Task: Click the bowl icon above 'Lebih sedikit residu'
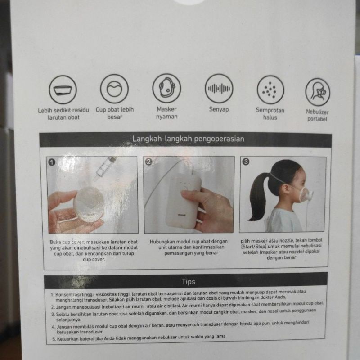pyautogui.click(x=63, y=90)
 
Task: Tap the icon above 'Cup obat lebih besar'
pyautogui.click(x=114, y=89)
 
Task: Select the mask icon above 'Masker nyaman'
pyautogui.click(x=166, y=88)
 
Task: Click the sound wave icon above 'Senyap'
pyautogui.click(x=219, y=88)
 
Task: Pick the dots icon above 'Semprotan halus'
pyautogui.click(x=270, y=90)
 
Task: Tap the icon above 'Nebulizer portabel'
pyautogui.click(x=318, y=92)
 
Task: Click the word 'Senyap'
pyautogui.click(x=219, y=109)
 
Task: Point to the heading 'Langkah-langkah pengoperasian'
pyautogui.click(x=188, y=139)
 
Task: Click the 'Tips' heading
pyautogui.click(x=188, y=282)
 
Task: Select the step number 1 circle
pyautogui.click(x=52, y=162)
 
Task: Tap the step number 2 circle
pyautogui.click(x=149, y=162)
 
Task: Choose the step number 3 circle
pyautogui.click(x=246, y=162)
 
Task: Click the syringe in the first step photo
pyautogui.click(x=104, y=169)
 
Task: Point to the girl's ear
pyautogui.click(x=285, y=189)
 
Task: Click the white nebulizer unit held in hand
pyautogui.click(x=183, y=200)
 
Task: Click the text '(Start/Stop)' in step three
pyautogui.click(x=254, y=246)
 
